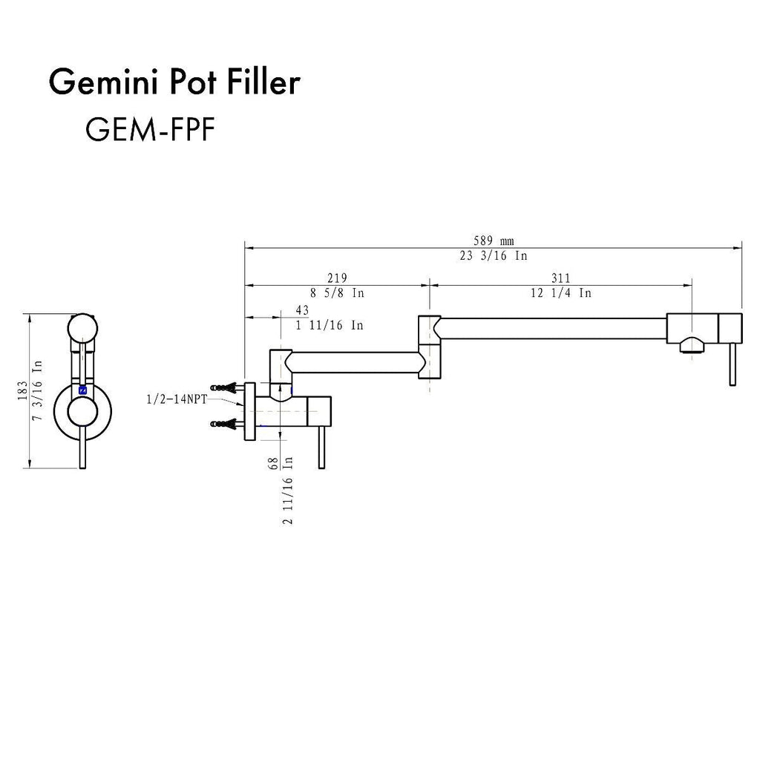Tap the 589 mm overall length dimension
(494, 240)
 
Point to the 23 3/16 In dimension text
(494, 255)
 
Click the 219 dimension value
(337, 278)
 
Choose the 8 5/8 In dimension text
(337, 292)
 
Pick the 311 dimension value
(561, 278)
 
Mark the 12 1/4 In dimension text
(561, 292)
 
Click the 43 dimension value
(302, 309)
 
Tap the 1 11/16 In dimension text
(329, 324)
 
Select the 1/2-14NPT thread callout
(177, 399)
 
